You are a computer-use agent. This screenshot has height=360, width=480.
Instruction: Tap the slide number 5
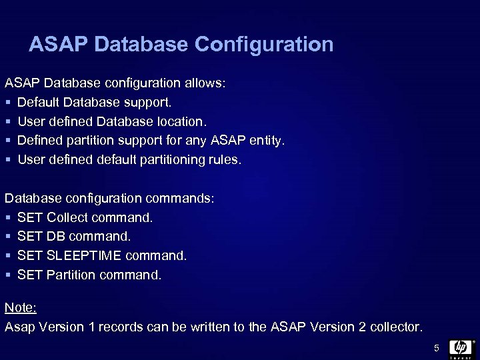[x=437, y=348]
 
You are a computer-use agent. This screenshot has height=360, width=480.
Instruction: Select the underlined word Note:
[x=21, y=307]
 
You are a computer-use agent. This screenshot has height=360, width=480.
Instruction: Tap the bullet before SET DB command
[x=8, y=237]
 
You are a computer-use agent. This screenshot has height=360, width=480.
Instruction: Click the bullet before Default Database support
[x=8, y=103]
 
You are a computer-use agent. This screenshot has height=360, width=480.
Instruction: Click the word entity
[x=267, y=141]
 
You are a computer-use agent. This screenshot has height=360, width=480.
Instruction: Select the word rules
[x=226, y=160]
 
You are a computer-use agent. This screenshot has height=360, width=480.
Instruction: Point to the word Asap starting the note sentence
[x=19, y=327]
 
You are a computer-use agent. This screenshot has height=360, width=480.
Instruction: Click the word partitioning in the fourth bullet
[x=171, y=160]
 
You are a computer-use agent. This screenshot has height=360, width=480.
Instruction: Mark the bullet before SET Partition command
[x=8, y=275]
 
